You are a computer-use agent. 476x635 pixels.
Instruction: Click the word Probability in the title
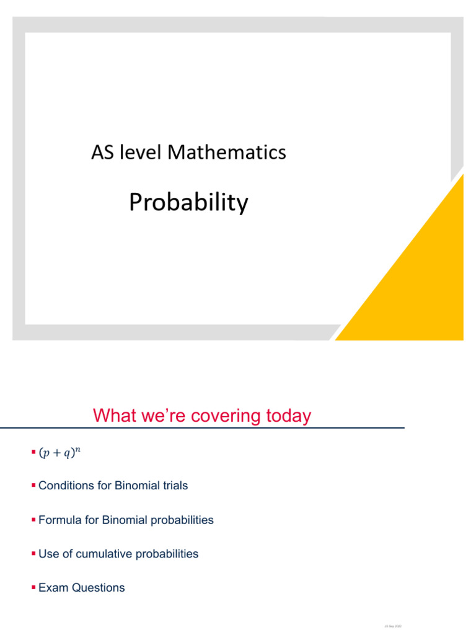[x=188, y=203]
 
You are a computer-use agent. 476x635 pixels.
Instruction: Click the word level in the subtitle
[x=141, y=152]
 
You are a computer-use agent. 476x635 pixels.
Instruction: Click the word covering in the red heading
[x=218, y=415]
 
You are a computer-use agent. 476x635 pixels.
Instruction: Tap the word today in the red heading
[x=284, y=415]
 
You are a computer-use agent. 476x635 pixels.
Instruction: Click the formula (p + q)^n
[x=60, y=453]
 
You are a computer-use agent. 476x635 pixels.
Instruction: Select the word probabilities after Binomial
[x=180, y=520]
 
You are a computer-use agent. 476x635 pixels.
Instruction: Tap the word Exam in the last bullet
[x=51, y=588]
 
